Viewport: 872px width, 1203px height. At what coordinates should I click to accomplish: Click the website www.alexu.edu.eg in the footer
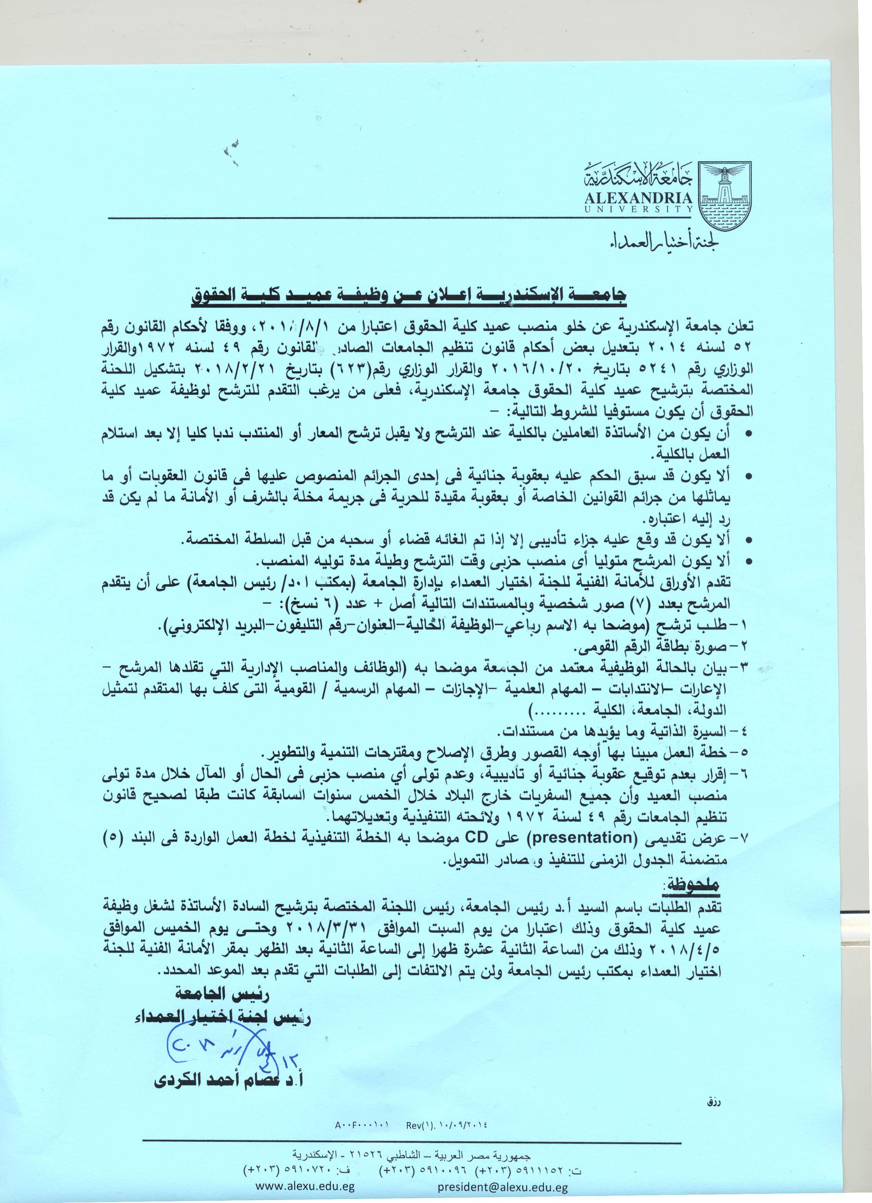(305, 1187)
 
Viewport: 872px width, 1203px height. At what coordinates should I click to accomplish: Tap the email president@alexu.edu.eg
(503, 1187)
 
